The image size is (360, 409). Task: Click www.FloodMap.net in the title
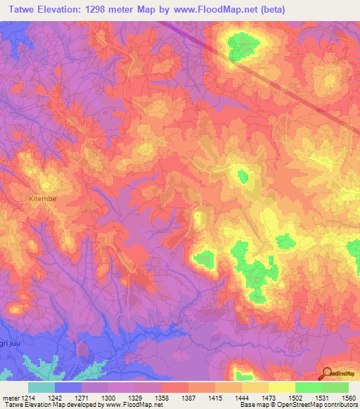click(225, 10)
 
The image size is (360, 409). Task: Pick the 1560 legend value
click(348, 397)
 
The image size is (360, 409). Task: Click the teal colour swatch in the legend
click(41, 387)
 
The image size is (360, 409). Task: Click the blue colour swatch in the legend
click(67, 387)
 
